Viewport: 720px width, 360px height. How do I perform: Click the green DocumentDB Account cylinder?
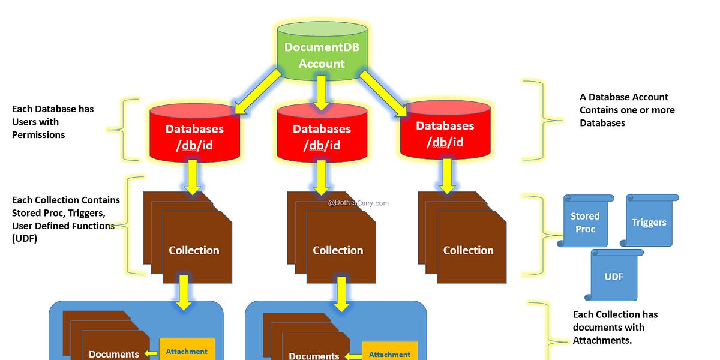(322, 55)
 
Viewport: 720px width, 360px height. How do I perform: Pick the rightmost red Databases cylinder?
(445, 133)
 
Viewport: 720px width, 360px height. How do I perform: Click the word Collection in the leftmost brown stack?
(194, 250)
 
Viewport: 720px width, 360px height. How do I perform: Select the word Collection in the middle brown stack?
(338, 250)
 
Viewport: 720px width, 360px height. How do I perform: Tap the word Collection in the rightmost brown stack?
(468, 250)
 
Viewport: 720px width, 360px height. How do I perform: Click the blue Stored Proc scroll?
(585, 221)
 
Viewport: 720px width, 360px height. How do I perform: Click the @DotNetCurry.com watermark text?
(358, 203)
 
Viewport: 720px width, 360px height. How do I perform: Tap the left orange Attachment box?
(187, 352)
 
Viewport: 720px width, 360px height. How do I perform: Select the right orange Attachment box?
(389, 354)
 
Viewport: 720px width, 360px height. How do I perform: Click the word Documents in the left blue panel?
(114, 354)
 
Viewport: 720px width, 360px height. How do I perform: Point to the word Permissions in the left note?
(38, 135)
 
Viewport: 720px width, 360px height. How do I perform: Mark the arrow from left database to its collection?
(193, 176)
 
